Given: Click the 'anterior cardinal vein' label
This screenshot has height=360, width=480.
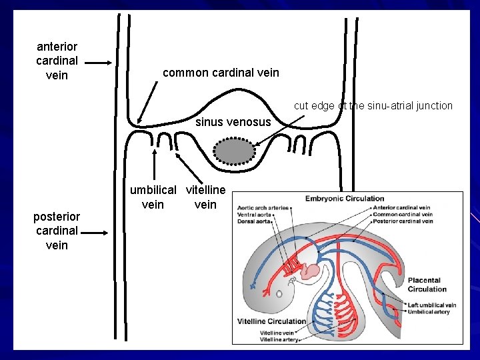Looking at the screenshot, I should [x=57, y=61].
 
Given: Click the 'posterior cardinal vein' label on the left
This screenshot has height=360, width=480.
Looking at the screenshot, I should [x=57, y=231].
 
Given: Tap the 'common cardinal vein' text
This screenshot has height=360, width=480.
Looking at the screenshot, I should [x=221, y=72].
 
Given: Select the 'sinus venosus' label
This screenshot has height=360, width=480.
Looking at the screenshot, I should [x=233, y=122].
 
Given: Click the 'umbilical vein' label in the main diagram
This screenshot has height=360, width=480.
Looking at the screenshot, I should [x=153, y=197].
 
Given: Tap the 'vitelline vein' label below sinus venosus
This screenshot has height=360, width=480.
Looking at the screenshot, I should [x=205, y=197].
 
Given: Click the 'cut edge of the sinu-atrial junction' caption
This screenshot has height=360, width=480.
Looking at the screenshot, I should [x=373, y=105].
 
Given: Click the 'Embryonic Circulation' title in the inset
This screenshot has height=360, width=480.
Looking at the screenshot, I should [x=345, y=198].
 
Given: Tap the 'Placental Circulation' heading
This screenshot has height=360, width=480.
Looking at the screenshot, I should [x=427, y=285].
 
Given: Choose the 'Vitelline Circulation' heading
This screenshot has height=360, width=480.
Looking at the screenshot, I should [x=271, y=321].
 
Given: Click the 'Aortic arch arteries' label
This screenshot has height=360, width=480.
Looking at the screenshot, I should [x=263, y=208].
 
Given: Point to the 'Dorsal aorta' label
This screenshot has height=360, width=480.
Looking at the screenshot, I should [x=254, y=221].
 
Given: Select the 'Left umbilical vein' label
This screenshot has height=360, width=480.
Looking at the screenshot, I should [x=433, y=305].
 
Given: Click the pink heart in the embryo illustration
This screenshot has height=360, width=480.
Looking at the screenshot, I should [x=311, y=270].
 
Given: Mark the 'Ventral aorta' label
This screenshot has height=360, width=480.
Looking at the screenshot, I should [x=255, y=215].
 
